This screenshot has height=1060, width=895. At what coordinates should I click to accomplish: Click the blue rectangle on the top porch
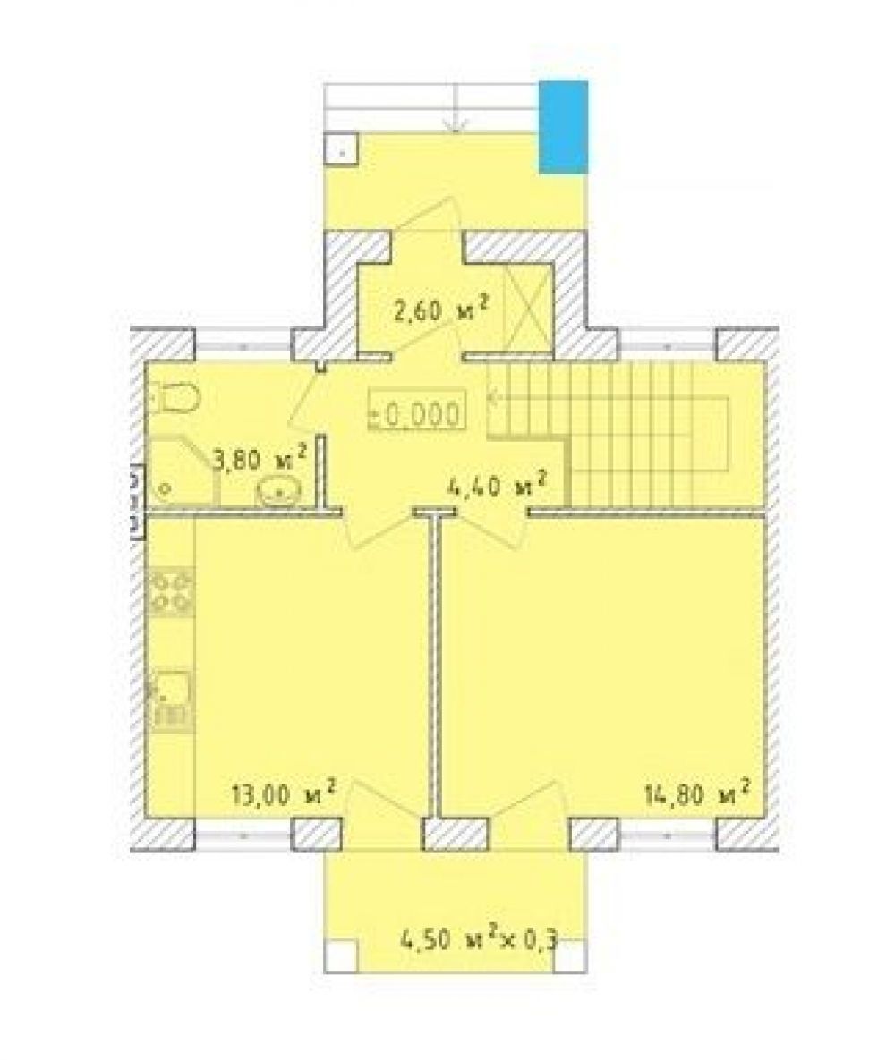click(x=563, y=126)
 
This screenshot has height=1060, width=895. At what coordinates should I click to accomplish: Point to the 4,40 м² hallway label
click(x=498, y=484)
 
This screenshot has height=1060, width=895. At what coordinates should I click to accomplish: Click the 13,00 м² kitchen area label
click(x=284, y=792)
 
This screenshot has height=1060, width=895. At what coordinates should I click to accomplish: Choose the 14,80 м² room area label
click(x=697, y=792)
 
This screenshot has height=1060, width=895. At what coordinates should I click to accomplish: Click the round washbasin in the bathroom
click(x=278, y=491)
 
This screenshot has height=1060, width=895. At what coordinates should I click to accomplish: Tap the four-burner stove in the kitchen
click(x=172, y=591)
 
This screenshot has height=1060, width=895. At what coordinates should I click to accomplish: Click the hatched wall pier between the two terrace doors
click(x=456, y=835)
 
